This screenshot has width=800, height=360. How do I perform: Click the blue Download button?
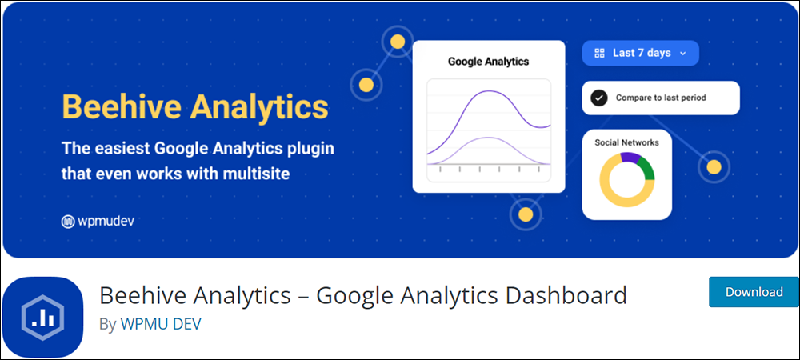pos(754,292)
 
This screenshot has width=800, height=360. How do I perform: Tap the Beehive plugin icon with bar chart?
pos(43,317)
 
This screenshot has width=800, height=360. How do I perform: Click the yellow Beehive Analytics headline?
pos(195,106)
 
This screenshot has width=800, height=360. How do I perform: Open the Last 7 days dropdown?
pos(640,53)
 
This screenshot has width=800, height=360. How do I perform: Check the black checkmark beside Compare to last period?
pos(599,98)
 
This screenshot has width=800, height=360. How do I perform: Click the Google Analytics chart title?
pos(488,62)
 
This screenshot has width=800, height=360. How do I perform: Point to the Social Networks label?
pos(626,142)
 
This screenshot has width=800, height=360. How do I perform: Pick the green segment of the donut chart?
pos(646,169)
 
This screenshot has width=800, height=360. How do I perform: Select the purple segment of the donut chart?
pos(630,158)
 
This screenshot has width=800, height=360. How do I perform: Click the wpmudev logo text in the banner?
pos(105,222)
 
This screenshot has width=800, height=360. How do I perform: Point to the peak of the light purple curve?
pos(488,138)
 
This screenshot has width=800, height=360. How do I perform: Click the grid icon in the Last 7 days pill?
pos(600,53)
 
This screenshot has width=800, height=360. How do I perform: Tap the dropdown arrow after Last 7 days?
pos(683,54)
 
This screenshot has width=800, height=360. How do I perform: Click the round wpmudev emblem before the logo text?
pos(68,222)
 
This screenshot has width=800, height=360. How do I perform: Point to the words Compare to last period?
pos(661,98)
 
